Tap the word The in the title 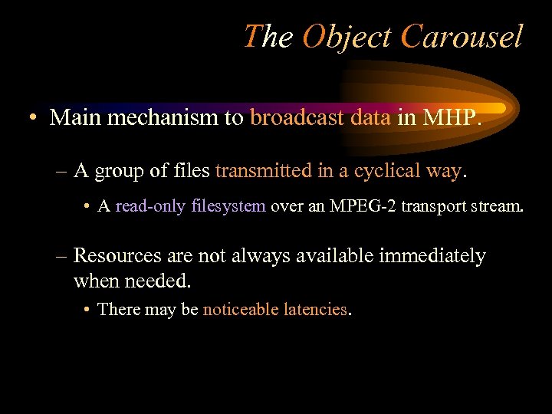pyautogui.click(x=268, y=37)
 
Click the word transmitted pyautogui.click(x=263, y=170)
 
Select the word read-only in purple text pyautogui.click(x=150, y=206)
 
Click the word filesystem pyautogui.click(x=228, y=206)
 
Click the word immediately pyautogui.click(x=432, y=255)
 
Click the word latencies pyautogui.click(x=315, y=310)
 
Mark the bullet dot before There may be pyautogui.click(x=90, y=310)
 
